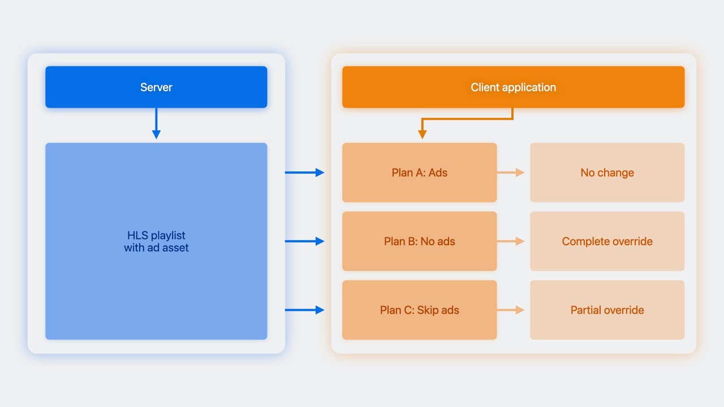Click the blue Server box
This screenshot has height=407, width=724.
pos(156,87)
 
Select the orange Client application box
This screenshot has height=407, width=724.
pos(513,87)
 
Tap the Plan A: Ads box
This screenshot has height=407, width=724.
pos(420,172)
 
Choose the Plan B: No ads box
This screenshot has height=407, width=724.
pos(420,241)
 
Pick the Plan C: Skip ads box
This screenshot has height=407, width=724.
pos(420,310)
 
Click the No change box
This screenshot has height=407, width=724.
pos(607,172)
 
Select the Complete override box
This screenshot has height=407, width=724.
pos(607,241)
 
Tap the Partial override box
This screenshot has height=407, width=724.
pos(607,310)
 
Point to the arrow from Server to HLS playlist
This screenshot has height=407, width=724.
pos(156,123)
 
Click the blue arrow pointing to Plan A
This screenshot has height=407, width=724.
pos(304,172)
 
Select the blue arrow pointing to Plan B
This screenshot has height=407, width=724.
pos(304,241)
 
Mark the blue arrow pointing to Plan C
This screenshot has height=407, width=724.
pos(304,310)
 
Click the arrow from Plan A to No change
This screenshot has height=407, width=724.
pos(511,172)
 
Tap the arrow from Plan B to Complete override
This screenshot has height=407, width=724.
pos(511,241)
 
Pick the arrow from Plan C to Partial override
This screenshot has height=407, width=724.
pos(511,310)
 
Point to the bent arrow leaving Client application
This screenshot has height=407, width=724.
pos(467,119)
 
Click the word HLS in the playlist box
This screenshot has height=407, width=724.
pos(137,235)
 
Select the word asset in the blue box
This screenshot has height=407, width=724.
pos(175,248)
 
